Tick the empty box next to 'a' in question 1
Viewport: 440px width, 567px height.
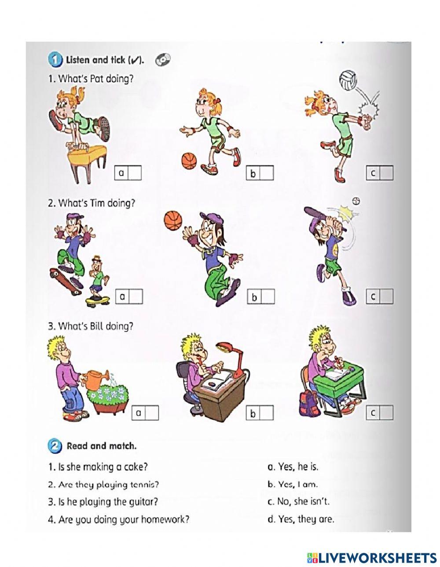coord(135,173)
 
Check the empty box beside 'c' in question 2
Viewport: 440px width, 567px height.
coord(386,297)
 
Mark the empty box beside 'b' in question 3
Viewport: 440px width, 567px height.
coord(266,413)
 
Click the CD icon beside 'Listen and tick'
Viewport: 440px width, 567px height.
coord(162,60)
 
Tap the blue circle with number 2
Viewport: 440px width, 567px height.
coord(54,446)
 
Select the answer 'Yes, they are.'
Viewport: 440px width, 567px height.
coord(301,519)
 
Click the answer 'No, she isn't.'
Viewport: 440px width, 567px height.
coord(298,501)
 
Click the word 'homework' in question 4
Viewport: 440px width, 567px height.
coord(168,520)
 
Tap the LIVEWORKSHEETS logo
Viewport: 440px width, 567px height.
coord(372,557)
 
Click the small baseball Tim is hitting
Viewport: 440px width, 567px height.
coord(356,201)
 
